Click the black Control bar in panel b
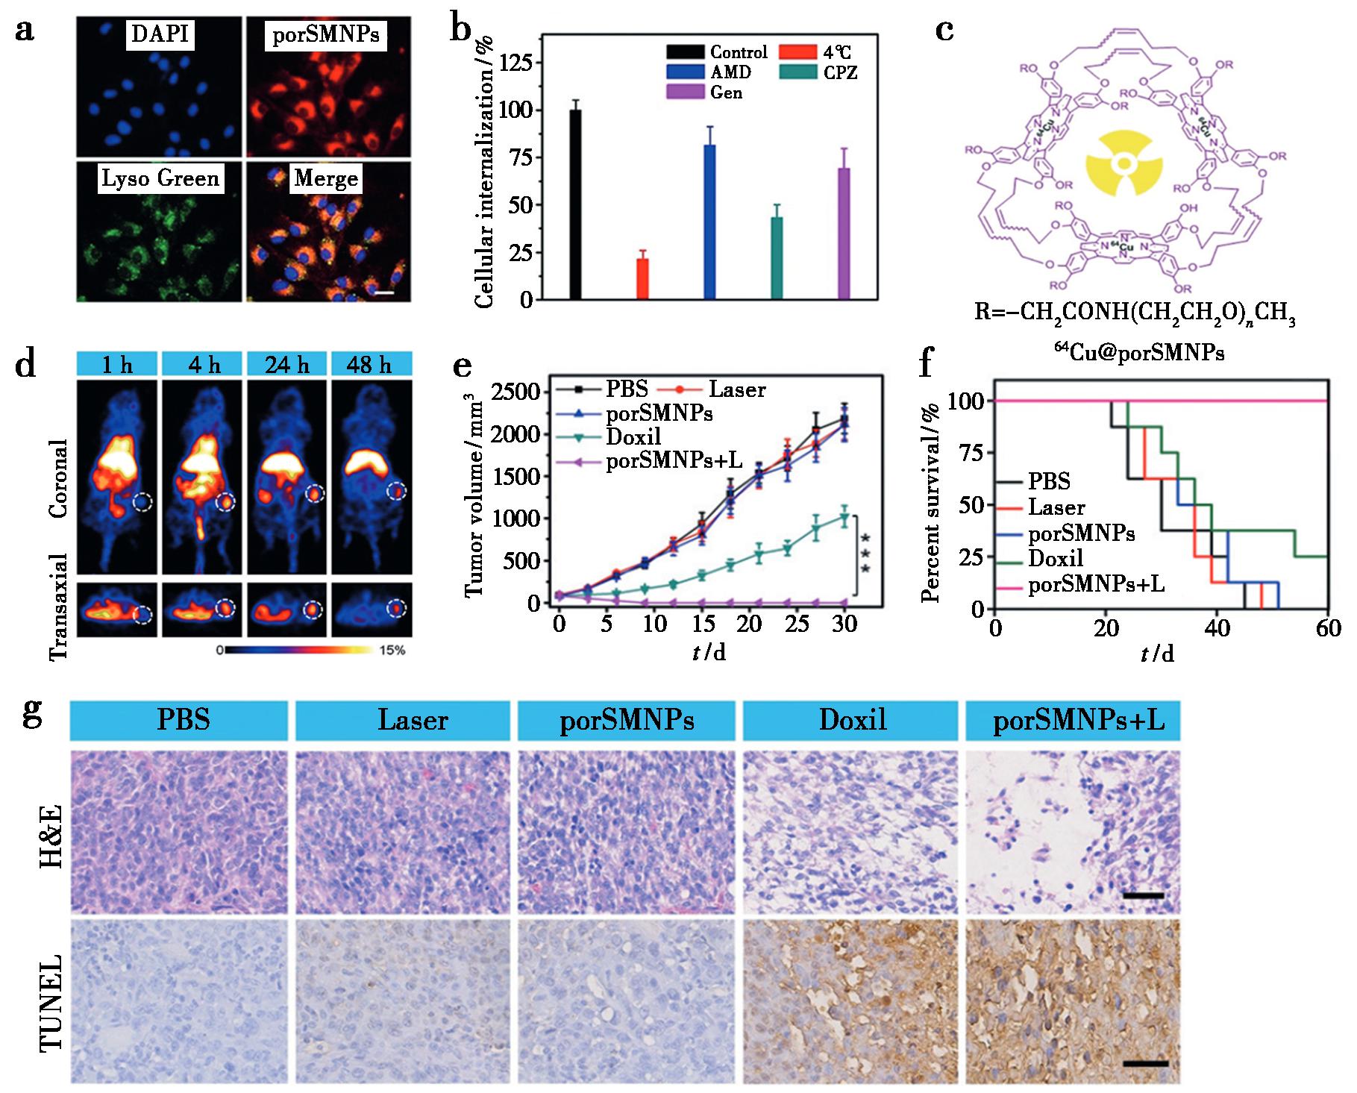(575, 204)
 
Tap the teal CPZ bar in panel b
(777, 257)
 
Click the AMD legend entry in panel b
(730, 72)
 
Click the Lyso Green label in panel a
(160, 179)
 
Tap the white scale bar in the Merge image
(384, 292)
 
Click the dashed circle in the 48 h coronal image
(397, 492)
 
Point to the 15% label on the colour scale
(392, 651)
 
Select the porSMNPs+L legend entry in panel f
(1096, 584)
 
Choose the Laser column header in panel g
(413, 720)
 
